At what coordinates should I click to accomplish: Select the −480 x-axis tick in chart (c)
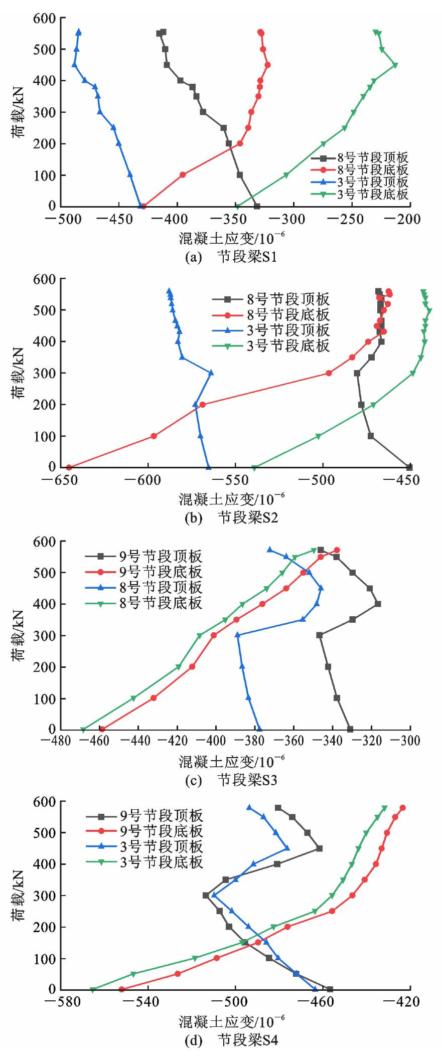tap(60, 741)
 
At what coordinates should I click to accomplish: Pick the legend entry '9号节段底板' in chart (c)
tap(160, 572)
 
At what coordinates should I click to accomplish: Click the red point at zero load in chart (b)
tap(69, 467)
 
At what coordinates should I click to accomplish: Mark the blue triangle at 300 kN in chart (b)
tap(211, 373)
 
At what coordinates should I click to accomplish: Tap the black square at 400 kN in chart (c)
tap(378, 604)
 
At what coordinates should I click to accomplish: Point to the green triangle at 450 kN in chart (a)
tap(395, 65)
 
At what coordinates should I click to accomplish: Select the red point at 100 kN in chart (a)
tap(183, 175)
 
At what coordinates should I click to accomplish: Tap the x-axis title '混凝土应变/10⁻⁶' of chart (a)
tap(234, 236)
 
